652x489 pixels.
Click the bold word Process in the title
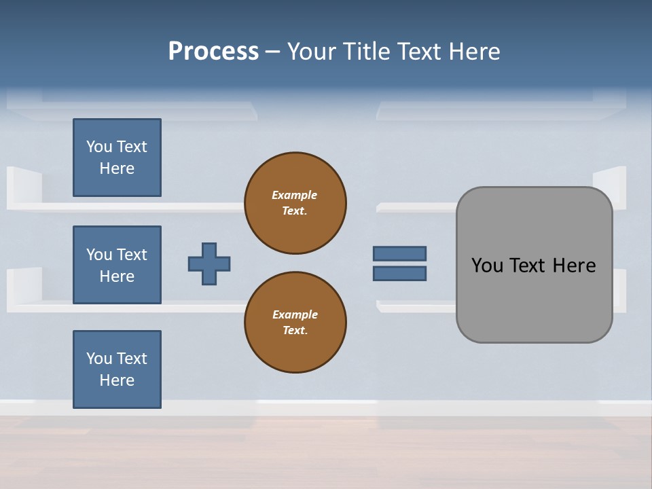[x=213, y=52]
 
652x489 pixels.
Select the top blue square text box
[x=117, y=158]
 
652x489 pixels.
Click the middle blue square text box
[x=117, y=265]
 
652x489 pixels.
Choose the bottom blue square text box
[x=117, y=369]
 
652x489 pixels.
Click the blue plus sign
[x=209, y=264]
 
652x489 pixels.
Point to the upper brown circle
[x=295, y=203]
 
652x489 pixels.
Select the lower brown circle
[x=295, y=323]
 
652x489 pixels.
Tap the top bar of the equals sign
[x=399, y=253]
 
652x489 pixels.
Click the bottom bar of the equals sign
[x=399, y=274]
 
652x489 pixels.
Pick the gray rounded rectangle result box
[x=534, y=299]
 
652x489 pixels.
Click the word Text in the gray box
[x=528, y=266]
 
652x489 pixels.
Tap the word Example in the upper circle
[x=294, y=195]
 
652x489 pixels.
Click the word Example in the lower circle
[x=294, y=314]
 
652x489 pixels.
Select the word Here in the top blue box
[x=117, y=168]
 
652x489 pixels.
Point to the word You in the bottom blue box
[x=99, y=359]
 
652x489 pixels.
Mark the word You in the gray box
[x=487, y=266]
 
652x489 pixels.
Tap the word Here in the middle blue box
[x=117, y=276]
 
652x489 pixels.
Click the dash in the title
[x=273, y=52]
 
